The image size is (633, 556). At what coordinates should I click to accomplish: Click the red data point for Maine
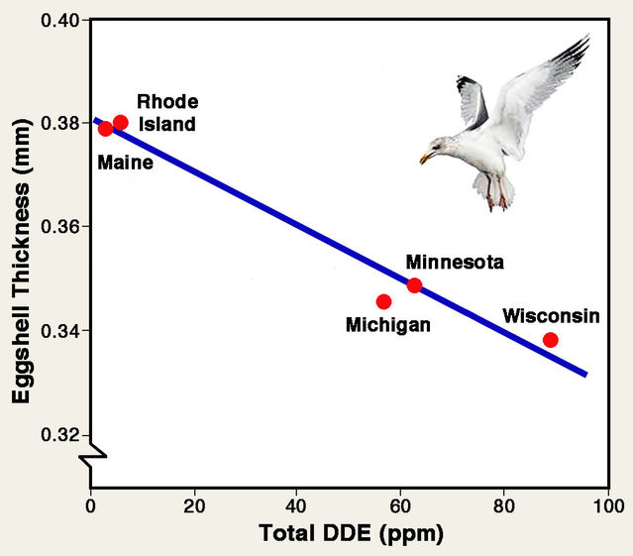tap(106, 128)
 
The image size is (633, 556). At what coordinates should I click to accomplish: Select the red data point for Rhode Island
tap(121, 123)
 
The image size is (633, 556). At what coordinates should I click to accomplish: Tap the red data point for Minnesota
tap(414, 285)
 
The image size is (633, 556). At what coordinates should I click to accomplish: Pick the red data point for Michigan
tap(384, 301)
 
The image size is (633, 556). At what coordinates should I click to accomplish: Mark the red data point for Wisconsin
tap(551, 340)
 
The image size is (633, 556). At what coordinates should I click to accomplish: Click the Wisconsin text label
tap(551, 316)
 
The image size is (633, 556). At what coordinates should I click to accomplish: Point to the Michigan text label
tap(387, 325)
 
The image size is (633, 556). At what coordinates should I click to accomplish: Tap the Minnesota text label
tap(455, 263)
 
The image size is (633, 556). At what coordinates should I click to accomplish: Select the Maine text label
tap(125, 162)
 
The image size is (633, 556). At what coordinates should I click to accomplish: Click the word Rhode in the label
tap(167, 101)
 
